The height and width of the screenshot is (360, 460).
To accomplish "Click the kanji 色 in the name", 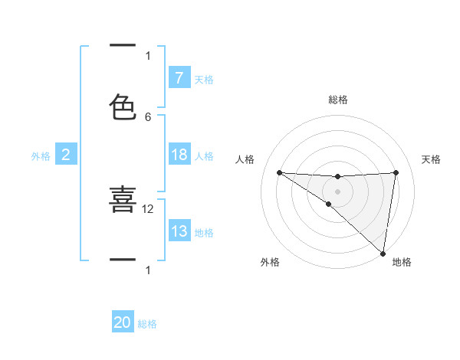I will click(x=123, y=107).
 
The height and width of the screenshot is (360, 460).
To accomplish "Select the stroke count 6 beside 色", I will click(x=148, y=116).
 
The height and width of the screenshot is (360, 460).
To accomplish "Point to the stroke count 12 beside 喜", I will click(x=148, y=208).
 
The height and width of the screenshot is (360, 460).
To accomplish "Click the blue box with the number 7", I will click(x=179, y=77).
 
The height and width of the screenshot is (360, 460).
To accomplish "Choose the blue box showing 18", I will click(x=179, y=155).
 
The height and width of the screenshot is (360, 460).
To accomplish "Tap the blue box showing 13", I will click(x=179, y=231).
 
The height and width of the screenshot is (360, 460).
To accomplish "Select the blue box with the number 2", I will click(x=66, y=155).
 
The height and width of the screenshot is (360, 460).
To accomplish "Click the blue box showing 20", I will click(x=123, y=322).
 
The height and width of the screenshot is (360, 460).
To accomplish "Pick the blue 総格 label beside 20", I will click(x=147, y=324).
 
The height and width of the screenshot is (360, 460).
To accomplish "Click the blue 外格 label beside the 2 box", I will click(x=41, y=156).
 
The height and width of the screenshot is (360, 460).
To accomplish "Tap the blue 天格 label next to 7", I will click(x=203, y=79).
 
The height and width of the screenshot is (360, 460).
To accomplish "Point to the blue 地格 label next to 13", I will click(x=204, y=233).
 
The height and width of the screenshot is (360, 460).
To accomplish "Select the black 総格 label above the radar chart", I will click(x=337, y=100).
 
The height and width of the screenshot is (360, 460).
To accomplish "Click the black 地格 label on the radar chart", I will click(x=402, y=262).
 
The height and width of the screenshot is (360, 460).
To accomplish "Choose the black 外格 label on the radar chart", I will click(x=270, y=262).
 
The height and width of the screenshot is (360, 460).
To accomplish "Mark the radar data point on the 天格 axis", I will click(x=396, y=172).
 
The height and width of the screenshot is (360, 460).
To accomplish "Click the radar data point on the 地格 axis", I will click(x=383, y=253).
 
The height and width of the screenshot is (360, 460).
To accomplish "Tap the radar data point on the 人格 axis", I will click(x=279, y=172).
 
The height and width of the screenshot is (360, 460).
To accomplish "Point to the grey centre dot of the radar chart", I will click(x=337, y=191).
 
